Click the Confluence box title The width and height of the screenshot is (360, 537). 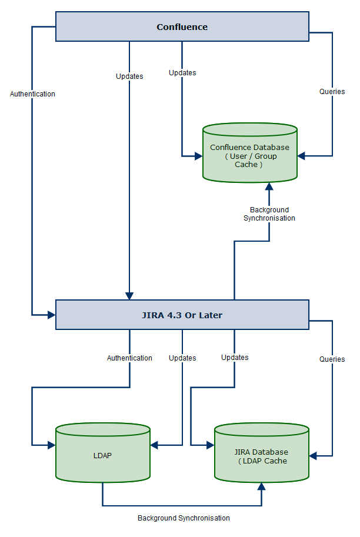click(x=182, y=27)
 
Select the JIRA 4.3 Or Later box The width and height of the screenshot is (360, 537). click(x=182, y=315)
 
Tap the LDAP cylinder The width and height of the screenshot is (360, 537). click(x=102, y=455)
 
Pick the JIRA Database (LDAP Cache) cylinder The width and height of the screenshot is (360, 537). click(x=261, y=455)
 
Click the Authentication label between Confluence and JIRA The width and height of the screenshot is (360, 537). click(x=32, y=94)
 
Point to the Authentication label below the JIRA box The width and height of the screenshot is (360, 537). click(x=129, y=358)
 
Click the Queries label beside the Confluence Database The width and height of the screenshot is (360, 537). click(x=332, y=92)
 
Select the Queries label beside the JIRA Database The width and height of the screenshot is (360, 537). click(x=332, y=359)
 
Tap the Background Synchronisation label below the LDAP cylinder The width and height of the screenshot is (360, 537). click(x=184, y=518)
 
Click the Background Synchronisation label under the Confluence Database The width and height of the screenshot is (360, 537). click(x=269, y=214)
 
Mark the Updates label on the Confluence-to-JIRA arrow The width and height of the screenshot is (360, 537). click(x=129, y=76)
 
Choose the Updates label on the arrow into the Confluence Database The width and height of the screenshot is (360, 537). click(x=182, y=73)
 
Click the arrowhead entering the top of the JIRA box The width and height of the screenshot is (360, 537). click(x=129, y=296)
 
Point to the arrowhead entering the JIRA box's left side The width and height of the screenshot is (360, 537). click(x=51, y=315)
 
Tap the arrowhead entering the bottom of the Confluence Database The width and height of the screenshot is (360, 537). click(x=269, y=186)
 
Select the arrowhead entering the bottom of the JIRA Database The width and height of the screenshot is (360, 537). click(x=261, y=486)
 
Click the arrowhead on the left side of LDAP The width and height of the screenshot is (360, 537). click(x=51, y=445)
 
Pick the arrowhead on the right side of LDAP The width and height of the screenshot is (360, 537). click(x=155, y=445)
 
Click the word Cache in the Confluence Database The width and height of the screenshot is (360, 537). click(x=246, y=165)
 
